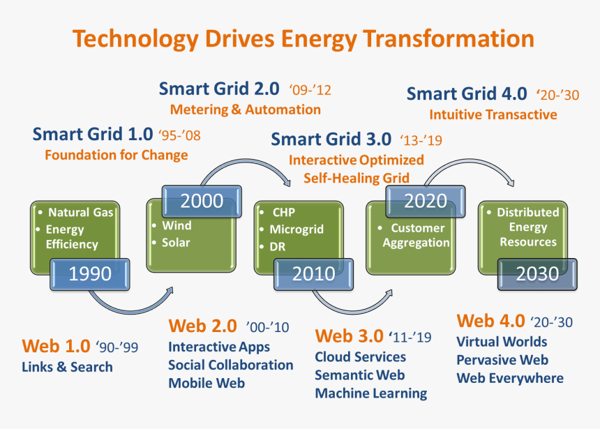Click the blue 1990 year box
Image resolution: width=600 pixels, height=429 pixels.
pos(90,274)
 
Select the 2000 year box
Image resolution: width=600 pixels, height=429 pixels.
pos(202,202)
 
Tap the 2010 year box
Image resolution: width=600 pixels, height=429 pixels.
pos(314,274)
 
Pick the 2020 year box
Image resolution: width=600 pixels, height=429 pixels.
pos(426,202)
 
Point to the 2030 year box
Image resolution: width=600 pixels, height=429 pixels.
pos(537,274)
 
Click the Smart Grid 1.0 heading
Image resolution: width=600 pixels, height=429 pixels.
pos(93,135)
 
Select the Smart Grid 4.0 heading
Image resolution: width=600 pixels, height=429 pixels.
pos(467,93)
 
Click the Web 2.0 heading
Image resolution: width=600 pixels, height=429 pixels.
pos(203,326)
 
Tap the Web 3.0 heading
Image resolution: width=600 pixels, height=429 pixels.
pos(349,336)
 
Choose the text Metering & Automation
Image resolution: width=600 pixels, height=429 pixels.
pos(246,110)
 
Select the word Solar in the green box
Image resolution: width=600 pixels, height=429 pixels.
pos(176,242)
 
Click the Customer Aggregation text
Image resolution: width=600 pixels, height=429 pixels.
pos(417,235)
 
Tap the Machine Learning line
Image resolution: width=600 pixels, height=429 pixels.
pos(370,393)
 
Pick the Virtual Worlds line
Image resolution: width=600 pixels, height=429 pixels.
pos(502,342)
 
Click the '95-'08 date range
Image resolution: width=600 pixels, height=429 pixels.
pos(179,135)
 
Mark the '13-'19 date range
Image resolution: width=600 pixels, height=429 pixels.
pos(421,140)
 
